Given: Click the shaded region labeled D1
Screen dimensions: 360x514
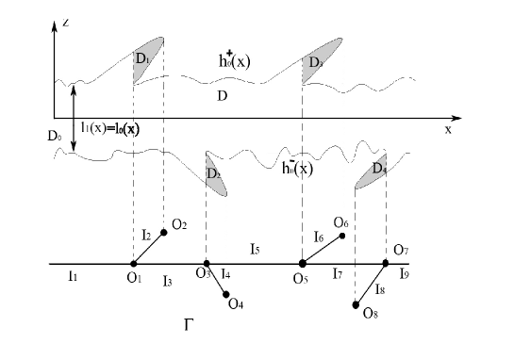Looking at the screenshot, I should pos(149,56).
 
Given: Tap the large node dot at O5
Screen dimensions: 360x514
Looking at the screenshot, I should pos(302,264).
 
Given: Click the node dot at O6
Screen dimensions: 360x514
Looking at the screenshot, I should pos(341,236).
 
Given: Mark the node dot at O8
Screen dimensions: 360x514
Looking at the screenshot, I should pos(356,304).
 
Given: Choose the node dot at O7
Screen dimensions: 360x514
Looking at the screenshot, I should pos(386,263).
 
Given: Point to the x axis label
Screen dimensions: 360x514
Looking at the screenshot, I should pos(449,131).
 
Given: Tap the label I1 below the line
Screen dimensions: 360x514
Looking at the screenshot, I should pos(72,277).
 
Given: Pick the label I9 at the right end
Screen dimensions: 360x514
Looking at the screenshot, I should pos(404,275).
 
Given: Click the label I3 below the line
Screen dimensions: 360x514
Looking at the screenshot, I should pos(166,281).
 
